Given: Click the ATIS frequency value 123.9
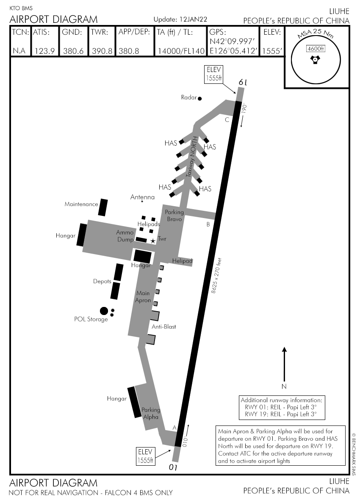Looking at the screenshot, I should point(44,51).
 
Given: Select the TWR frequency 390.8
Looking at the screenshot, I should point(102,51).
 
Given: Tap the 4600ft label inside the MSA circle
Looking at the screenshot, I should point(316,49).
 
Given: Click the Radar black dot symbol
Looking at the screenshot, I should point(200,99).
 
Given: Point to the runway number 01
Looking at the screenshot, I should point(173,467).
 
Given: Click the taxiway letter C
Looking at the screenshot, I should point(227,120).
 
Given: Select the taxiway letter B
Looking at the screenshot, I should point(208,224).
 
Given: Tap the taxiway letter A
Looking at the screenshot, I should point(174,428).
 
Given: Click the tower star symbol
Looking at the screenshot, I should point(153,240).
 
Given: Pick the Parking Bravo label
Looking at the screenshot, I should point(174,215).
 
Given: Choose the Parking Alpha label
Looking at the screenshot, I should point(151,413).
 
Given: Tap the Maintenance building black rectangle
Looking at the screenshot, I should point(102,207).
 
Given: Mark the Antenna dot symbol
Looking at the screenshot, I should point(142,202).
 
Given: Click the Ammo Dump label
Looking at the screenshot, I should point(125,235).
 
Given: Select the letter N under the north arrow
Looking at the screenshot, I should point(284,386).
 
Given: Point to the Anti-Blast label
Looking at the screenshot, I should point(164,327).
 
